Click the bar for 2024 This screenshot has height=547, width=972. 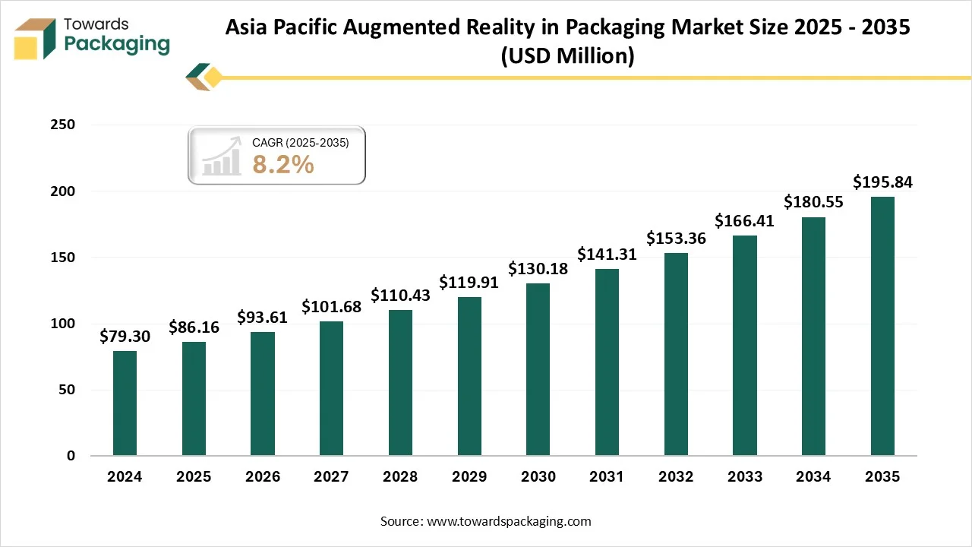(x=125, y=403)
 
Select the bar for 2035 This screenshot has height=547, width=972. (x=882, y=327)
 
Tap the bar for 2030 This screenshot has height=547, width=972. (x=538, y=370)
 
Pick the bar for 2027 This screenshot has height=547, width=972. (x=331, y=389)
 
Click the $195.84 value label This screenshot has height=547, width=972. (x=882, y=182)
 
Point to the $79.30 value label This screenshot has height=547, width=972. (x=125, y=337)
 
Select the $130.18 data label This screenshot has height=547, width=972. (x=538, y=269)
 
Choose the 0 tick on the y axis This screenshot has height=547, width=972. (x=71, y=456)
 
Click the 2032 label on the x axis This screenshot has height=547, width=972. (x=675, y=477)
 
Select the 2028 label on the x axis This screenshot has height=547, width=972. (x=400, y=477)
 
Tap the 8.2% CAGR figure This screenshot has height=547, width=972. (x=283, y=164)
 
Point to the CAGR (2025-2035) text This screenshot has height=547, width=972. (x=301, y=142)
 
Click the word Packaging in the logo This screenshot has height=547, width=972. (x=117, y=43)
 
